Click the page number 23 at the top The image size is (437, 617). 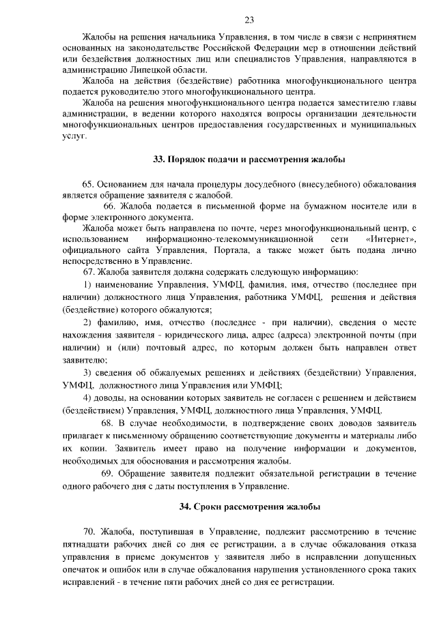(249, 20)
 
